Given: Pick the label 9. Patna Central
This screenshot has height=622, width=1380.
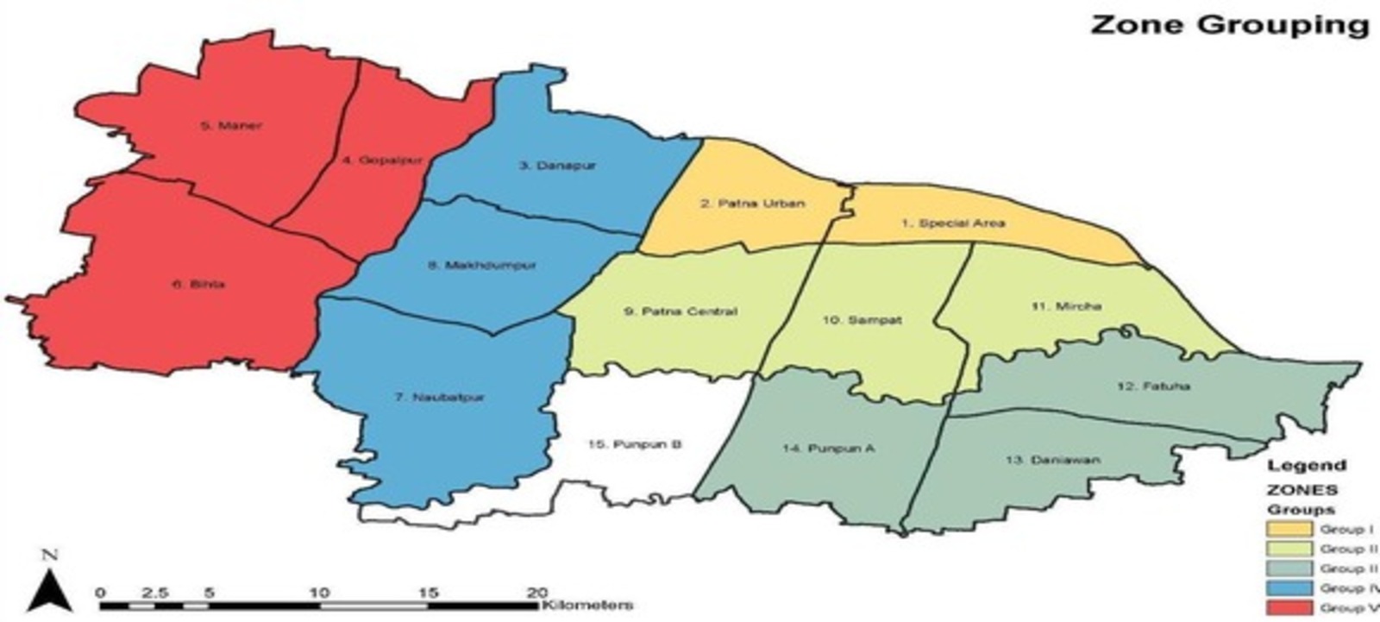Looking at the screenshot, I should point(681,311).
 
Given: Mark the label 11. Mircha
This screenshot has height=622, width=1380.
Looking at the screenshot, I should point(1066,305).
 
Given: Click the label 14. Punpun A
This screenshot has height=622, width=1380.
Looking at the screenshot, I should point(829,449).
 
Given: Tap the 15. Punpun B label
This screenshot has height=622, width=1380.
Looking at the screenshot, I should point(635,444).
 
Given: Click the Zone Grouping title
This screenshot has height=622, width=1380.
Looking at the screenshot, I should point(1229,24).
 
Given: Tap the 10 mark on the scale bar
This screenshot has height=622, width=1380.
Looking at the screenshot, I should point(319,593).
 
